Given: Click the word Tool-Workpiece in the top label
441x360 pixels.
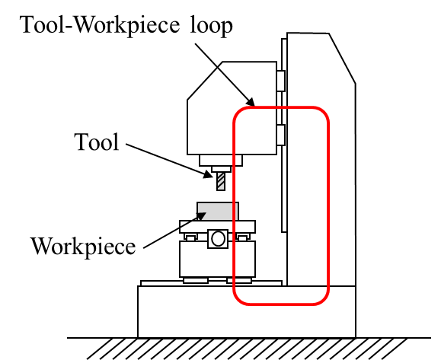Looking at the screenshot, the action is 100,25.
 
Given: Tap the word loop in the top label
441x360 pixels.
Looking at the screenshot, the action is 212,25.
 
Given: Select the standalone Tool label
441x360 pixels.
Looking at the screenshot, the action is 97,142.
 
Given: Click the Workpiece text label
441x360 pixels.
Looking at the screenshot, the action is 83,246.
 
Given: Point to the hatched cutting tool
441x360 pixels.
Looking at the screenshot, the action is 221,181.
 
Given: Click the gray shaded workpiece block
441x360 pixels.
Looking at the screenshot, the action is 218,212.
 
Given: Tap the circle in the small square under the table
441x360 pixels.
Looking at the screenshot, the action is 218,238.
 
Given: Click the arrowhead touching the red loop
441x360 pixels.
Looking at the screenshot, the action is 250,101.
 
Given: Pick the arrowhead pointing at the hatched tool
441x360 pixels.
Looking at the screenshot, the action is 209,174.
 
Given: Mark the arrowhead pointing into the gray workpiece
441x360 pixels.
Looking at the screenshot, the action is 201,216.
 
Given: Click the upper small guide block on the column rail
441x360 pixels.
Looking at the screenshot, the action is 281,81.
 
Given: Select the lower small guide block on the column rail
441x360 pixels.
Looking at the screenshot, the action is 281,135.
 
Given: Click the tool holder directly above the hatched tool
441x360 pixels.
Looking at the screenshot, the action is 221,169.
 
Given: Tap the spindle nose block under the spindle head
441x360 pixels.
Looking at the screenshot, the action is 221,160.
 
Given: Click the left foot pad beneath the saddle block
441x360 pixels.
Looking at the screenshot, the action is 196,280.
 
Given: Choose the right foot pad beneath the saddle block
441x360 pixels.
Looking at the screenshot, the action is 239,280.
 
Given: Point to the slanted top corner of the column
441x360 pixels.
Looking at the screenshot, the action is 342,58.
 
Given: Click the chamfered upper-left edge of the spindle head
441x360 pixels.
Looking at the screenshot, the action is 205,81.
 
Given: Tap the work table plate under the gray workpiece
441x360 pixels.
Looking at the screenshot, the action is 217,227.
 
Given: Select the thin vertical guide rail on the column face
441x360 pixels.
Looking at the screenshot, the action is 284,135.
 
